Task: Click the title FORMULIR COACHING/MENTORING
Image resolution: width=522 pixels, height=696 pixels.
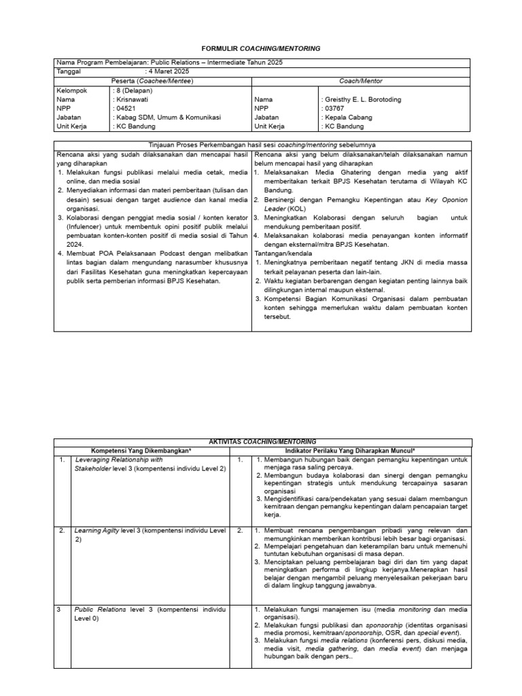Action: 262,49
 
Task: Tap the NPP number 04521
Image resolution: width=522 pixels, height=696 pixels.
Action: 126,108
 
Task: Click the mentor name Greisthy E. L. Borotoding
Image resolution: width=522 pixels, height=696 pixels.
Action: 363,99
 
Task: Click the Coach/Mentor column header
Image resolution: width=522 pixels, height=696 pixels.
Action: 360,81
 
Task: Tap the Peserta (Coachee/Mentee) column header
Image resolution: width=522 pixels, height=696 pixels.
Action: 153,81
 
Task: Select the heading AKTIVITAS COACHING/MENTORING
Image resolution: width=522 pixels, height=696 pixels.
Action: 262,442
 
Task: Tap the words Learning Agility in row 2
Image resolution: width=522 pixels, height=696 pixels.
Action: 97,530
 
